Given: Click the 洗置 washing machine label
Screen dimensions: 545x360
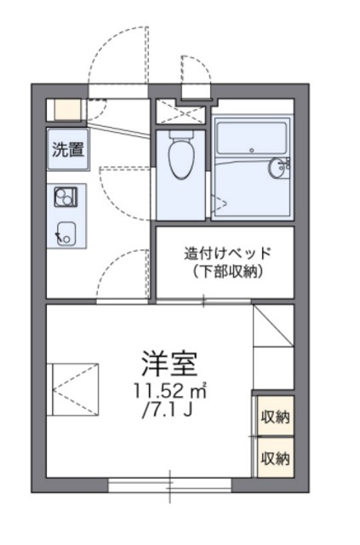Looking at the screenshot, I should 69,151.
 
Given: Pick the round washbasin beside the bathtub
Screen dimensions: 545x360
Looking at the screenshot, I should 279,168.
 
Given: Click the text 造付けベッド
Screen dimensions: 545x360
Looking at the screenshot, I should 227,253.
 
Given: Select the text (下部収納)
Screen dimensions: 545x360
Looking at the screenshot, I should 227,272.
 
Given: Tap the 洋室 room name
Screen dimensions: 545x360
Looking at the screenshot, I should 169,363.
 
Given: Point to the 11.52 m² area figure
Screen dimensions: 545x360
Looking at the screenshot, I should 169,393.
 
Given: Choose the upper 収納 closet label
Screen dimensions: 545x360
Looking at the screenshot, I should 275,416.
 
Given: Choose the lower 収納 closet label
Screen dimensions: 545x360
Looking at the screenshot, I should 275,457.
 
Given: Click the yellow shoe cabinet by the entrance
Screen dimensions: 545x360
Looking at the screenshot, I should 63,110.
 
